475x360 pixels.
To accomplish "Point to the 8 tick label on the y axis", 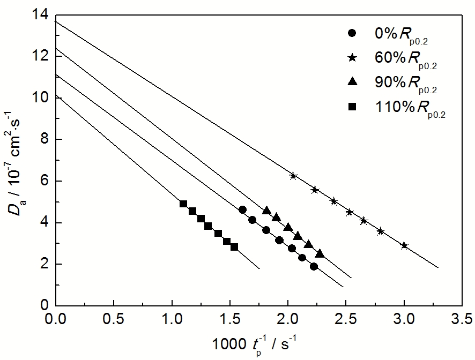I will click(44, 140).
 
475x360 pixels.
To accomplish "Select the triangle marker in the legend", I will click(352, 81).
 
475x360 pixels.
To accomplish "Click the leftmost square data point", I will click(183, 204).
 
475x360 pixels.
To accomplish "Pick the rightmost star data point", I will click(404, 246).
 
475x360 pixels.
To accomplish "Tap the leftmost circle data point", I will click(242, 209).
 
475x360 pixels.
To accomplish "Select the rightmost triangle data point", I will click(320, 253).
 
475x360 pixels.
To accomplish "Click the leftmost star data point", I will click(293, 176).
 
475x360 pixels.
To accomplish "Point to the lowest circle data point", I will click(314, 266).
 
